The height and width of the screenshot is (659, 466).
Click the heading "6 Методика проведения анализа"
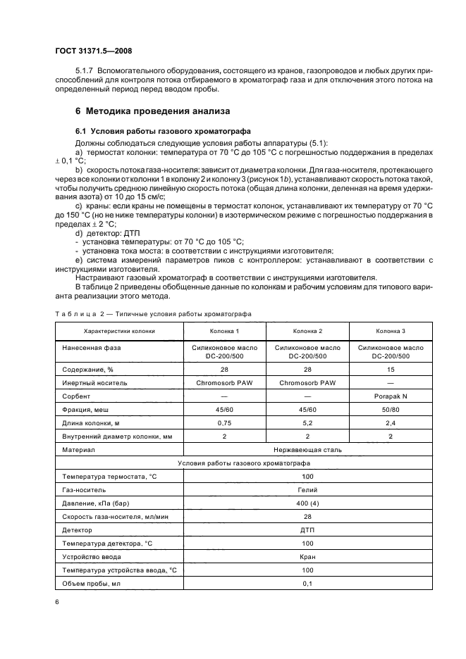point(153,111)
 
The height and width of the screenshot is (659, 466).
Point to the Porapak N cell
point(391,396)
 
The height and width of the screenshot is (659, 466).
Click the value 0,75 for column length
point(224,422)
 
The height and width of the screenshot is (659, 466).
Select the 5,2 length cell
point(307,422)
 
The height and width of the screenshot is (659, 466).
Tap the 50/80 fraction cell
point(391,409)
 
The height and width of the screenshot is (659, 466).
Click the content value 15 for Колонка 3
point(391,369)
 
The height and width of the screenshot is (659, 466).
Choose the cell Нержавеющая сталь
point(307,449)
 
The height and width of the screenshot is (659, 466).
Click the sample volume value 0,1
point(307,583)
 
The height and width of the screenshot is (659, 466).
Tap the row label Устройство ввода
point(94,556)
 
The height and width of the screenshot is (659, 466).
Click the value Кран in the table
point(307,556)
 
